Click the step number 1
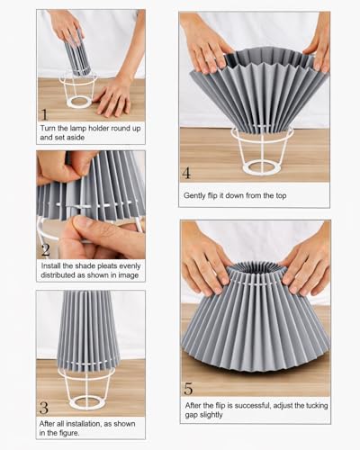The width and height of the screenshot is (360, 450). (44, 114)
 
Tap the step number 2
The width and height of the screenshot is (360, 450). (46, 250)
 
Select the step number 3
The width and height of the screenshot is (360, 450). (44, 408)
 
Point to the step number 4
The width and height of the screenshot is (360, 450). (186, 173)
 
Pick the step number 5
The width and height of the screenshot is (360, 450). (188, 389)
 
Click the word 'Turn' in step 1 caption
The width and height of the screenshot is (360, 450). (48, 129)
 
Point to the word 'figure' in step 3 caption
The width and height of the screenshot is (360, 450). (68, 433)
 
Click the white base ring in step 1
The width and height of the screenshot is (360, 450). (80, 102)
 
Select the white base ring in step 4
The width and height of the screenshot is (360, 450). (262, 167)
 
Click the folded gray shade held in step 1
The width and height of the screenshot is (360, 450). (77, 54)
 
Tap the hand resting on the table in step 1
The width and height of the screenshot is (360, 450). (112, 99)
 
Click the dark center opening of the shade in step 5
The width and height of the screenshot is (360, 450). (255, 267)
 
